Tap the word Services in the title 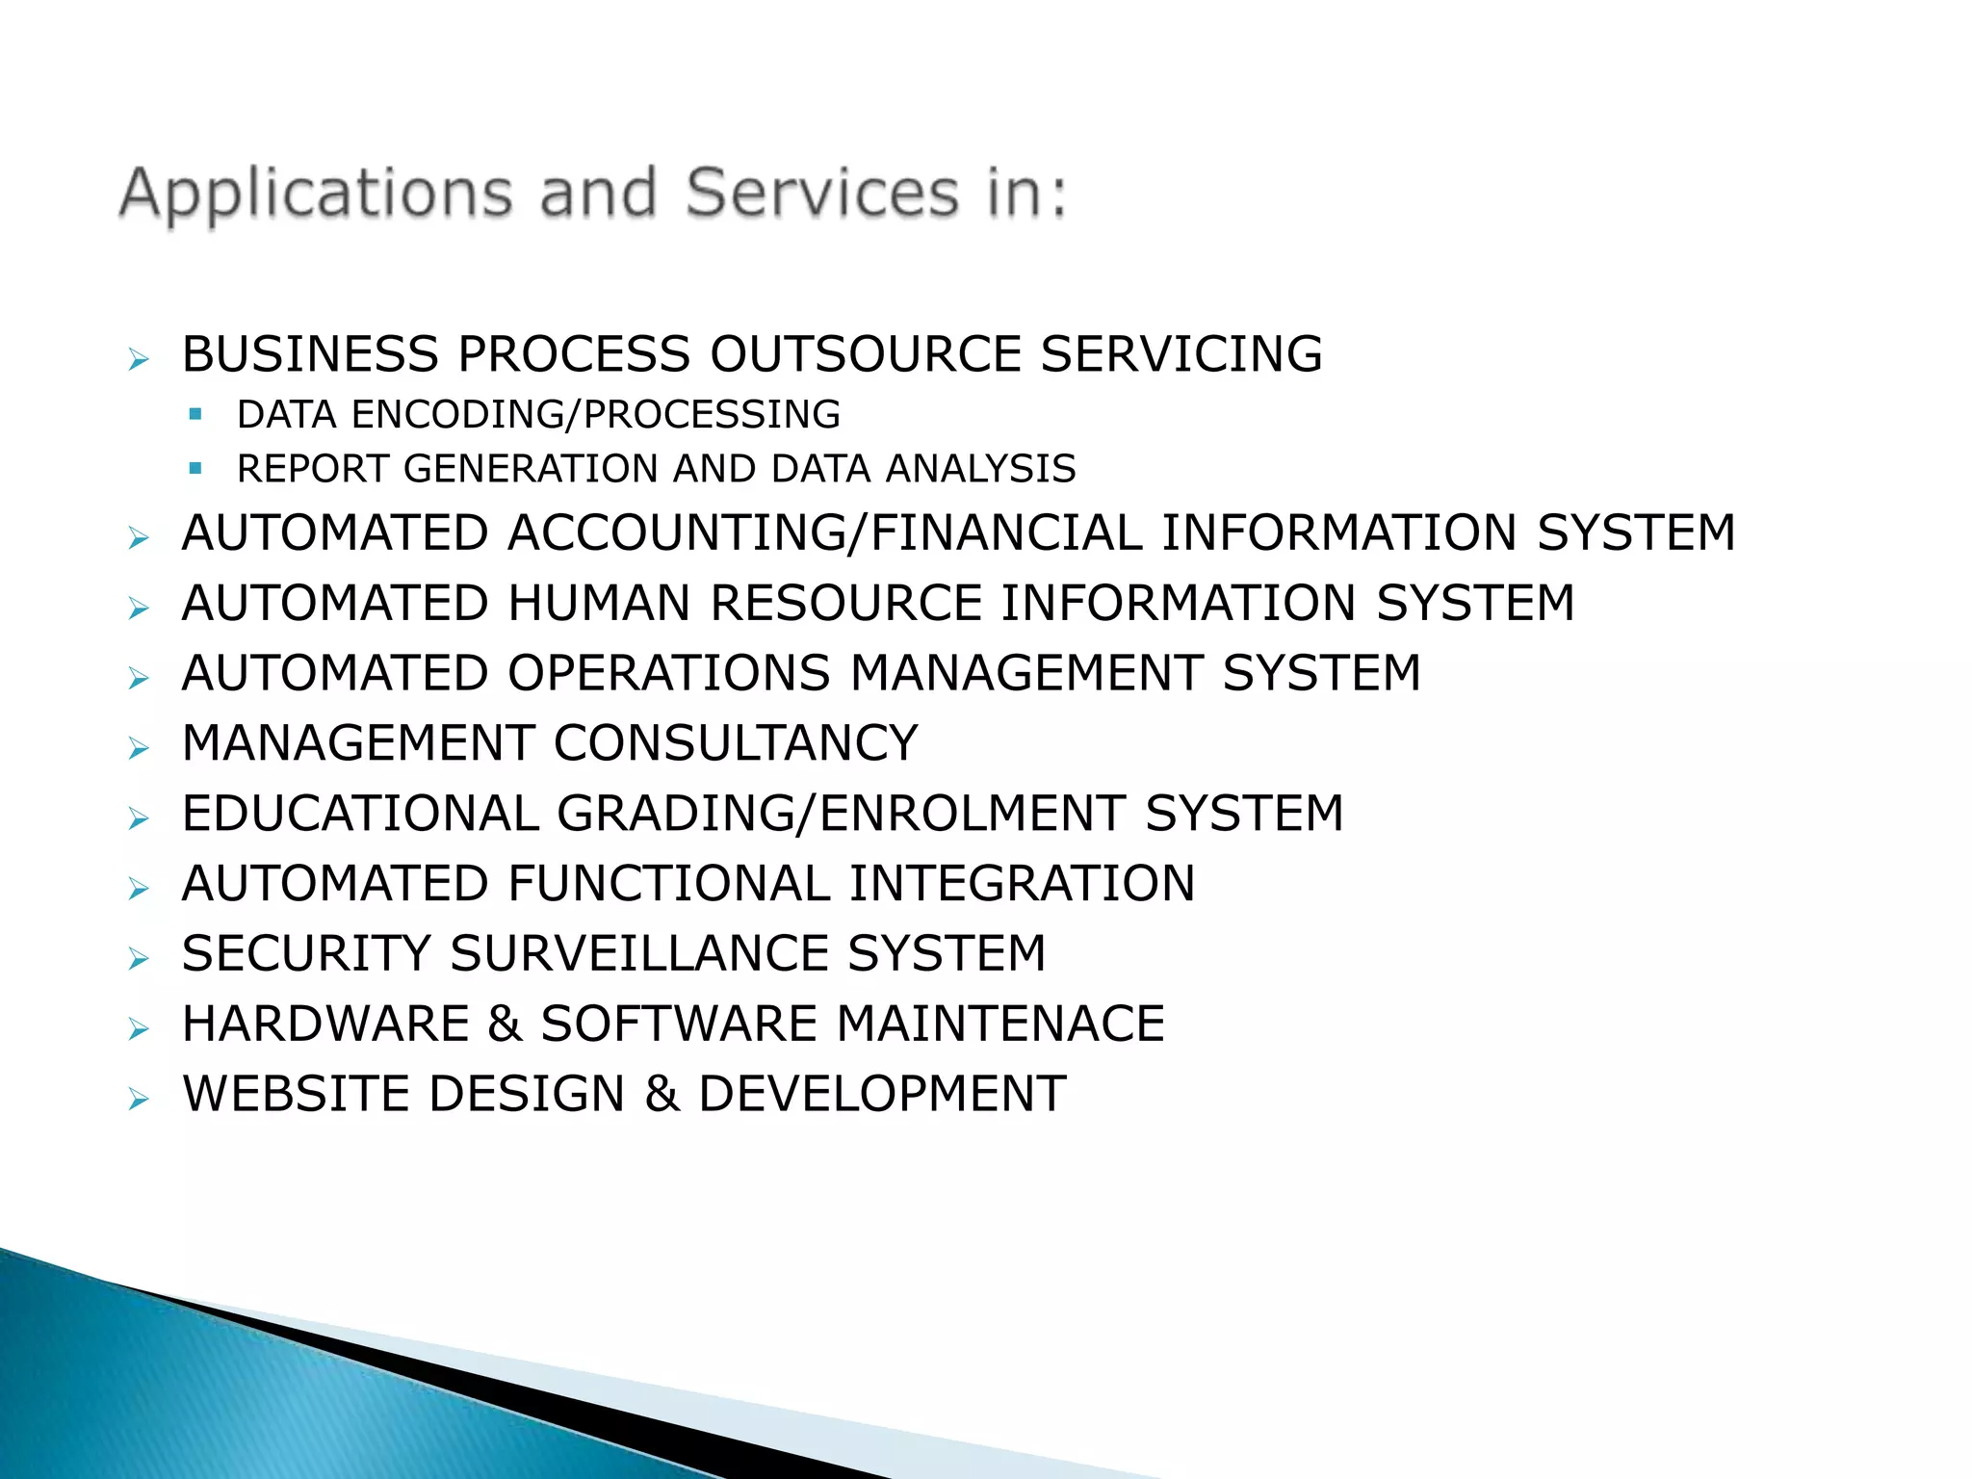822,193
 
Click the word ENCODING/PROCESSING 596,415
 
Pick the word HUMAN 599,604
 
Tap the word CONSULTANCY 736,743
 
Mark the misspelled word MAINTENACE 1000,1024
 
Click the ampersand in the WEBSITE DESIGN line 662,1094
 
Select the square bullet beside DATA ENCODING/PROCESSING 196,415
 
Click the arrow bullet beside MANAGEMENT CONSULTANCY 139,748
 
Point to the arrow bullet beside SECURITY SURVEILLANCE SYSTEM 139,959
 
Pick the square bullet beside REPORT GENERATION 196,469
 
